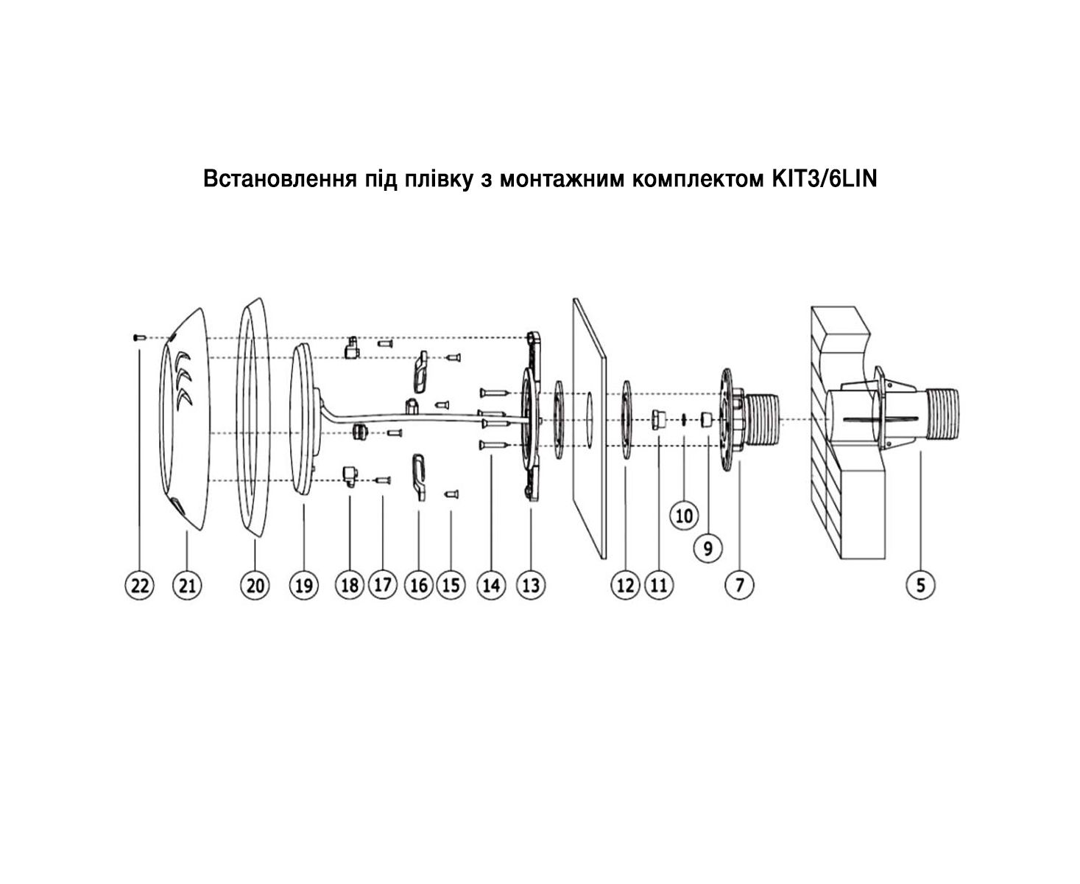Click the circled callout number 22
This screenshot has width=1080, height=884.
pos(140,585)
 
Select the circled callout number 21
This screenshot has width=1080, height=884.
pos(188,585)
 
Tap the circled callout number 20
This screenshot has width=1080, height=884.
pos(255,585)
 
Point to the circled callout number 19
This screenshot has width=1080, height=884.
pos(303,585)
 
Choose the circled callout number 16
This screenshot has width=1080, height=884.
pos(419,585)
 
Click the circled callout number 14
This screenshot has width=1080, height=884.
pos(491,585)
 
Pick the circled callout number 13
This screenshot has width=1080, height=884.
pos(531,585)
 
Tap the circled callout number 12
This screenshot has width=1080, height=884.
pos(625,585)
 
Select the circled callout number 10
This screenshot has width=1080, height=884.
pos(684,516)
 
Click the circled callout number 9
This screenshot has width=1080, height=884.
pos(708,548)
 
